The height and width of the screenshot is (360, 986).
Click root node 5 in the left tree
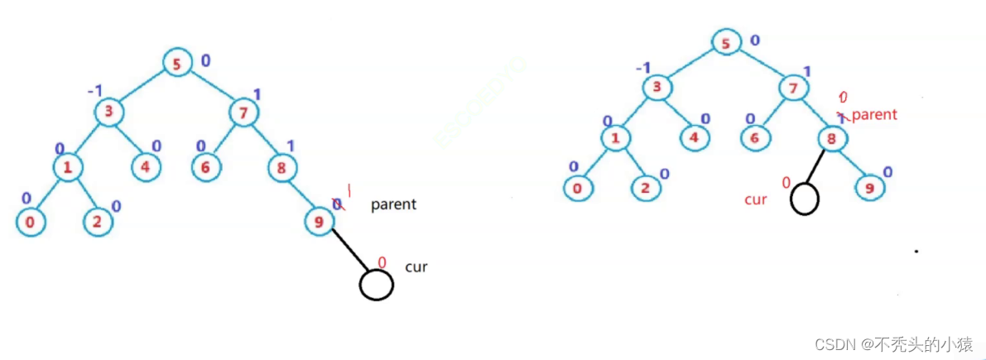(x=176, y=64)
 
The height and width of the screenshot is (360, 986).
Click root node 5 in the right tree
(x=726, y=42)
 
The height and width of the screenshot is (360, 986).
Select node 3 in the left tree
(x=108, y=113)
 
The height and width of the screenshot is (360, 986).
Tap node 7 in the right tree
(x=792, y=88)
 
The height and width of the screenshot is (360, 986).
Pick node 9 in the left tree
(x=319, y=221)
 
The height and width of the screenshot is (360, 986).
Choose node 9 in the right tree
(x=870, y=187)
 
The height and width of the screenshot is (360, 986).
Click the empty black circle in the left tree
(x=376, y=285)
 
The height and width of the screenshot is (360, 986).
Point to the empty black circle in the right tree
(x=804, y=199)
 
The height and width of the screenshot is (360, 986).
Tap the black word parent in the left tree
(x=393, y=204)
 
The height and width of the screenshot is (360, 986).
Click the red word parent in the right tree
(x=873, y=115)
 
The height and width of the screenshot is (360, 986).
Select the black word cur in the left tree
(x=416, y=266)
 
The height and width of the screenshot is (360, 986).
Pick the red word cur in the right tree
(x=756, y=200)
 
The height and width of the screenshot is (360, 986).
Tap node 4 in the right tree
(x=695, y=137)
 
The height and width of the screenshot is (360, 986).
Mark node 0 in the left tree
(x=30, y=221)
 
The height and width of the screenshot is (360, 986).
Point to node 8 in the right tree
(x=830, y=138)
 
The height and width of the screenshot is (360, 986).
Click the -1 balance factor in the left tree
(x=94, y=89)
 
